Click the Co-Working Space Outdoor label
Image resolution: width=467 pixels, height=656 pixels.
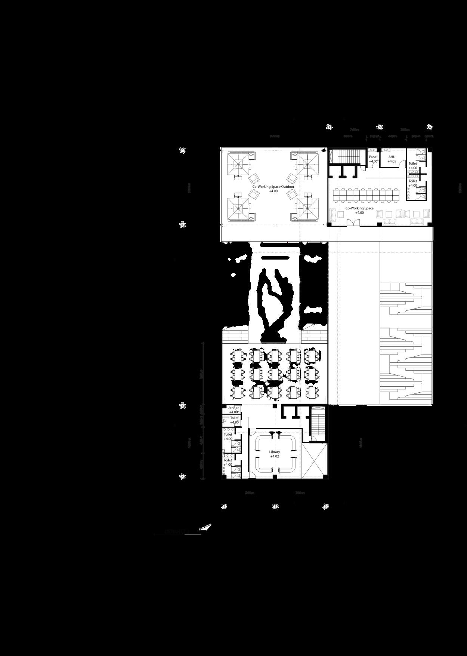pyautogui.click(x=273, y=187)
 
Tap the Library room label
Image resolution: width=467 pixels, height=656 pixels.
pyautogui.click(x=275, y=452)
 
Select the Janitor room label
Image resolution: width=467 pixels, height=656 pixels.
pyautogui.click(x=233, y=408)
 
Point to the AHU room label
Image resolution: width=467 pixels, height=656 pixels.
pyautogui.click(x=392, y=157)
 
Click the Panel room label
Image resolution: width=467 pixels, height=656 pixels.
pyautogui.click(x=373, y=157)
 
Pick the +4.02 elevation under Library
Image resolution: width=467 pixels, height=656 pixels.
pyautogui.click(x=275, y=457)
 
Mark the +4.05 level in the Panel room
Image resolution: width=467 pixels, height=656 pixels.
pyautogui.click(x=373, y=162)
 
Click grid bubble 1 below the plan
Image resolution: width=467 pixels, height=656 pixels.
pyautogui.click(x=224, y=507)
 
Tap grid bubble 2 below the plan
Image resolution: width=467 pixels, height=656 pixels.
pyautogui.click(x=275, y=507)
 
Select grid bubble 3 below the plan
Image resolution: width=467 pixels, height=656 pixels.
pyautogui.click(x=326, y=507)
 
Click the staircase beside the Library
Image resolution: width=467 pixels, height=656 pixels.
pyautogui.click(x=319, y=423)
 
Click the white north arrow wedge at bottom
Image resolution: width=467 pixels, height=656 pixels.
pyautogui.click(x=205, y=527)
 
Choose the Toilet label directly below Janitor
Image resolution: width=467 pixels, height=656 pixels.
pyautogui.click(x=234, y=418)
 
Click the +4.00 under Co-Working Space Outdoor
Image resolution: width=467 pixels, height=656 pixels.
pyautogui.click(x=273, y=191)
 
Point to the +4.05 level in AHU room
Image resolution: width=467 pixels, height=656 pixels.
pyautogui.click(x=392, y=162)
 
